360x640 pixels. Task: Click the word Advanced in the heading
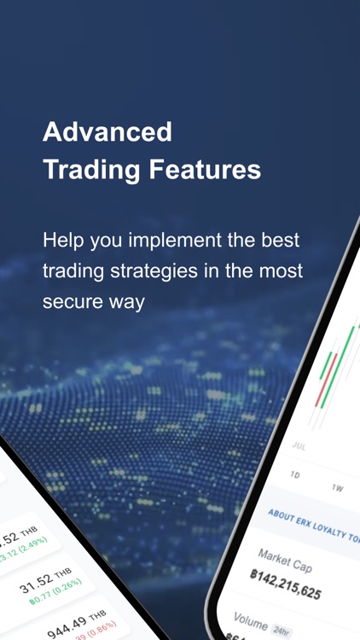pos(107,132)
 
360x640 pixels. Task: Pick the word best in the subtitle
pos(282,240)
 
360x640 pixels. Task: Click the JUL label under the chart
pos(299,446)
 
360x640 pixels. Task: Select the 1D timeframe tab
pos(295,475)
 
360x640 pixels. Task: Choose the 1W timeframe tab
pos(337,489)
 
